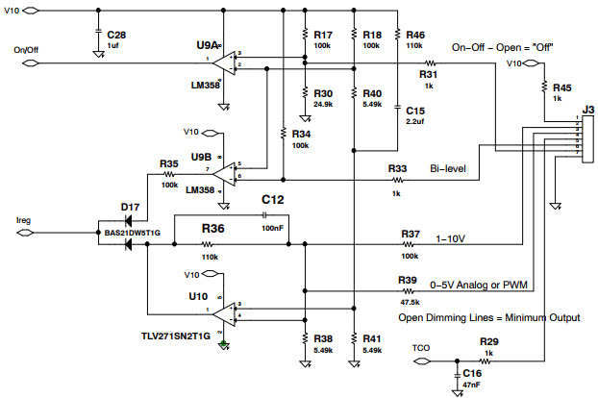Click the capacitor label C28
pyautogui.click(x=116, y=35)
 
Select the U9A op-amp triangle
pyautogui.click(x=222, y=63)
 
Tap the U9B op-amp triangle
pyautogui.click(x=222, y=172)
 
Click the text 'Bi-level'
pyautogui.click(x=447, y=167)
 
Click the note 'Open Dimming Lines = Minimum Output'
pyautogui.click(x=482, y=316)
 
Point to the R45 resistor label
pyautogui.click(x=562, y=87)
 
